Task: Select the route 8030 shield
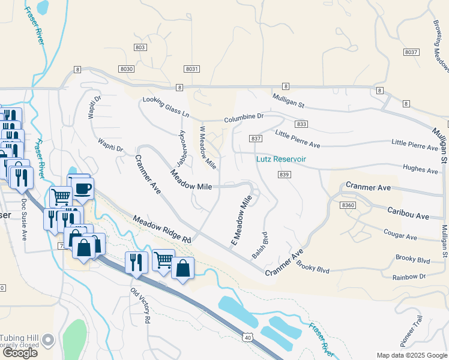tap(127, 70)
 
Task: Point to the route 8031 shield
tap(192, 70)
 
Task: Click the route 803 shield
tap(140, 47)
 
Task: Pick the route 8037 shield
tap(411, 53)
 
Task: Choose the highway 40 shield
tap(247, 338)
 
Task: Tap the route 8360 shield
tap(348, 205)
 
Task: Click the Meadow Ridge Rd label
tap(161, 229)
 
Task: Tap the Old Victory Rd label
tap(140, 306)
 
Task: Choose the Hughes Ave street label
tap(421, 170)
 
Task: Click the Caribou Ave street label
tap(408, 215)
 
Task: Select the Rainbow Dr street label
tap(409, 277)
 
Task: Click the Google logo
tap(20, 353)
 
